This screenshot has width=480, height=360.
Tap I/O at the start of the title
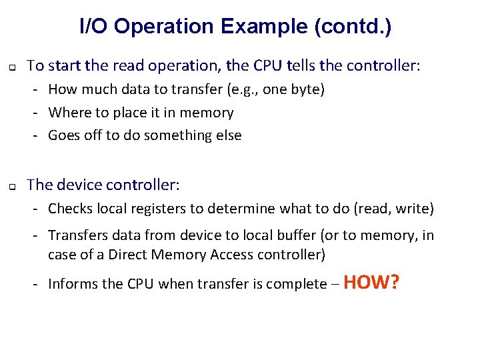pyautogui.click(x=95, y=27)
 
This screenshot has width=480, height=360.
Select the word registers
pyautogui.click(x=158, y=209)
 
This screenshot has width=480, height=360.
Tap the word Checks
pyautogui.click(x=71, y=209)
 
